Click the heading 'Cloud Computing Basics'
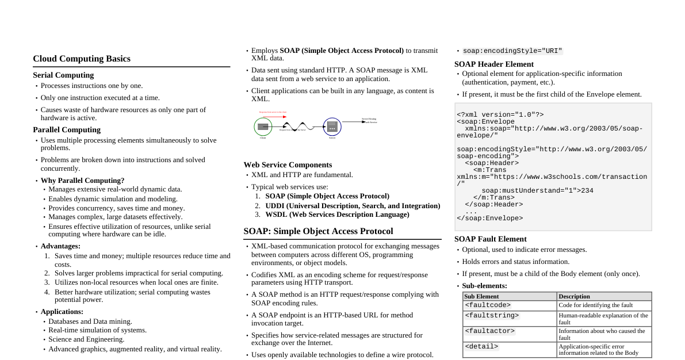(x=82, y=59)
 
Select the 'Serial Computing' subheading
(x=63, y=75)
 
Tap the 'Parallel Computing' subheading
(x=67, y=129)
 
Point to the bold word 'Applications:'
(x=60, y=311)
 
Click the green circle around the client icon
(x=263, y=127)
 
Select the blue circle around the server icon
(x=332, y=127)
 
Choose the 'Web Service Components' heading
(x=288, y=164)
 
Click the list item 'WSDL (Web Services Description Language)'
(x=337, y=215)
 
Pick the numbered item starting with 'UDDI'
(x=353, y=205)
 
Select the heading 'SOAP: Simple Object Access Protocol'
(x=318, y=231)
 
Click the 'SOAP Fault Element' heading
(x=491, y=239)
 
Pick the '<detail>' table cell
(x=481, y=346)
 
